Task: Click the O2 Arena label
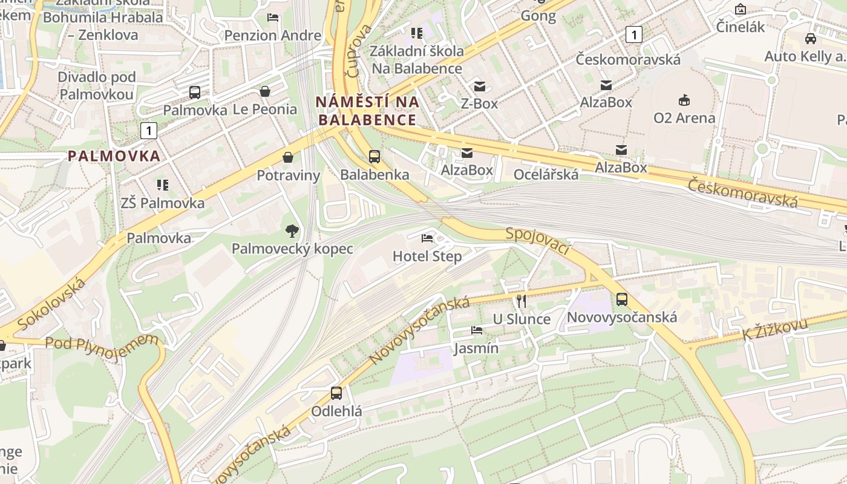[x=684, y=118]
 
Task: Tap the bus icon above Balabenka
[x=374, y=157]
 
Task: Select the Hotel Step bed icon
[x=427, y=238]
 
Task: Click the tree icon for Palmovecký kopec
[x=292, y=231]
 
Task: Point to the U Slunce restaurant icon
[x=521, y=301]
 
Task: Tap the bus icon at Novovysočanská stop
[x=621, y=299]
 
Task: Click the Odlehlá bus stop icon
[x=336, y=393]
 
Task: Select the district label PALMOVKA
[x=114, y=156]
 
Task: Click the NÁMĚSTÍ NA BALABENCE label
[x=367, y=111]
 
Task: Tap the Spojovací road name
[x=538, y=241]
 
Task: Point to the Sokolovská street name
[x=52, y=303]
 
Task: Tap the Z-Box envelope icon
[x=480, y=86]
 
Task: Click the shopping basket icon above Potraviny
[x=288, y=157]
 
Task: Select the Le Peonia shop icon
[x=265, y=91]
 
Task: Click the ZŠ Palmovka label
[x=163, y=203]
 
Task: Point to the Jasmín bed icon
[x=477, y=330]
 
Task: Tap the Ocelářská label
[x=546, y=175]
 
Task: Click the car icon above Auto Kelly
[x=810, y=39]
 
